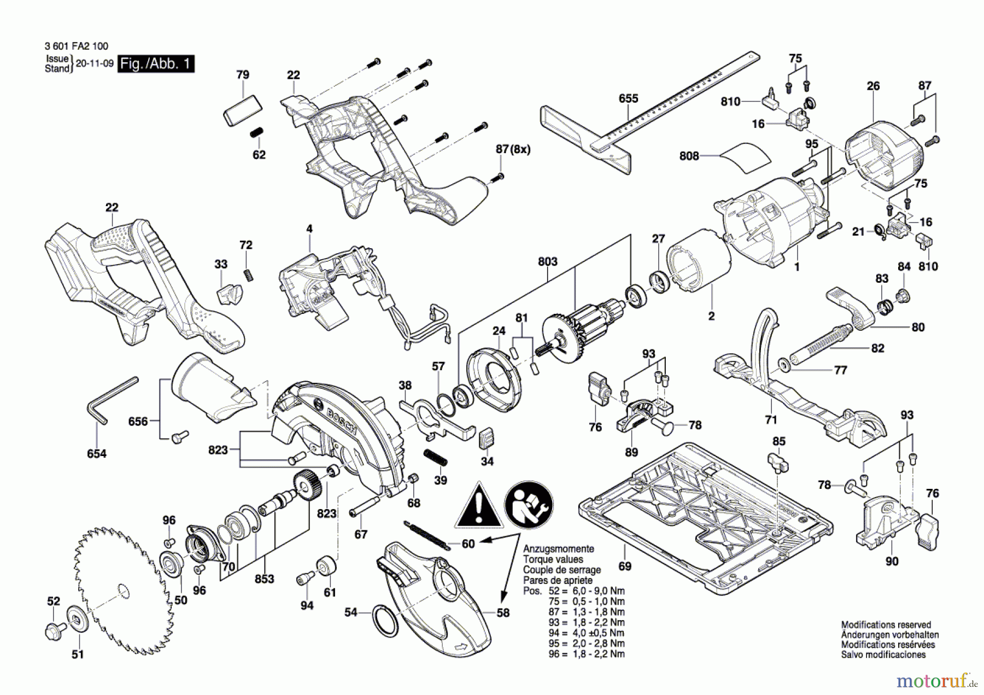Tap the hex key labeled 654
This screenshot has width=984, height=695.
click(x=112, y=399)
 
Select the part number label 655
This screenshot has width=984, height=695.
click(x=628, y=98)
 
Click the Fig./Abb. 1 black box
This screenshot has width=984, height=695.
click(x=156, y=64)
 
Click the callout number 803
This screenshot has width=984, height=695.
click(x=547, y=261)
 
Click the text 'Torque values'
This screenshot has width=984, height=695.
click(x=553, y=559)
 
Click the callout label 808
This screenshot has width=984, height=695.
click(x=689, y=156)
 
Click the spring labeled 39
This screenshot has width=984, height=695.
click(x=436, y=457)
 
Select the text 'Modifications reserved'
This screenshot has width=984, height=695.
click(x=886, y=624)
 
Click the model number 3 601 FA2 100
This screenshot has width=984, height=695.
click(x=77, y=46)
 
